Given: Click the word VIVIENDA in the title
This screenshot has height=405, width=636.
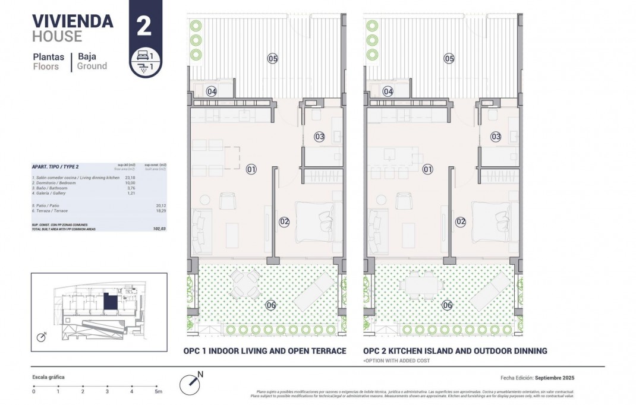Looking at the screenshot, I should pos(72,21).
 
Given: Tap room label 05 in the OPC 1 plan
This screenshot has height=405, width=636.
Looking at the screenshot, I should pos(272,58).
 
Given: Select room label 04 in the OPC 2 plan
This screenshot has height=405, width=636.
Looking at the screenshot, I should pos(388,91).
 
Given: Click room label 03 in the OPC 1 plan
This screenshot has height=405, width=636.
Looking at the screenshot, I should pos(320,137).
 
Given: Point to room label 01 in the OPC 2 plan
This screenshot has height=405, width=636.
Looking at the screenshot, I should pos(427,170).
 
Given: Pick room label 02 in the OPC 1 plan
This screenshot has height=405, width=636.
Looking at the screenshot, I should pos(284,222).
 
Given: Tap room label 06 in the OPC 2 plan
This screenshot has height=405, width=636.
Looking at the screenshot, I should pos(448,305).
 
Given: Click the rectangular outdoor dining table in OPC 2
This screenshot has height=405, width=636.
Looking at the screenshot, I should pos(421,286).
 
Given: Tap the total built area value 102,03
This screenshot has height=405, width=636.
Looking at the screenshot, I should pos(159,228).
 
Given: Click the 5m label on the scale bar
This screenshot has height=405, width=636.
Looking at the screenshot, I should pos(158,391).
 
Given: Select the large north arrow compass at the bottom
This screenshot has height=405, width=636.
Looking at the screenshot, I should pos(192,382).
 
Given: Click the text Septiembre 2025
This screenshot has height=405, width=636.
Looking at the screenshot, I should pos(555,378).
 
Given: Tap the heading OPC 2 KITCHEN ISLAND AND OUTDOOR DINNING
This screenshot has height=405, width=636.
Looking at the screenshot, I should pos(455,351).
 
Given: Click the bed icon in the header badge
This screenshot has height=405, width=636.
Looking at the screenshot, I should pos(143,56).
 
